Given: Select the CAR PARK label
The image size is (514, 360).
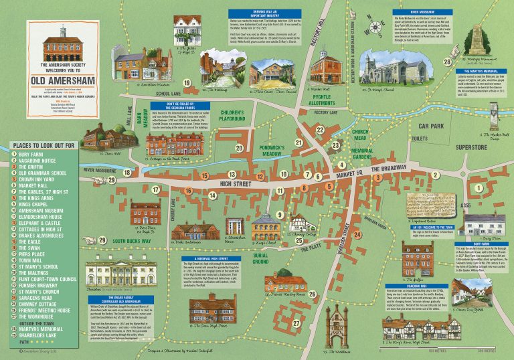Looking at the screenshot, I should (x=432, y=125).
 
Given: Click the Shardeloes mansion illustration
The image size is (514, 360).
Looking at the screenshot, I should (x=120, y=268).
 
